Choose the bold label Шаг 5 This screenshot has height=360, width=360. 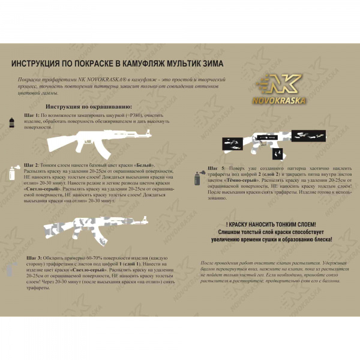pos(215,169)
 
